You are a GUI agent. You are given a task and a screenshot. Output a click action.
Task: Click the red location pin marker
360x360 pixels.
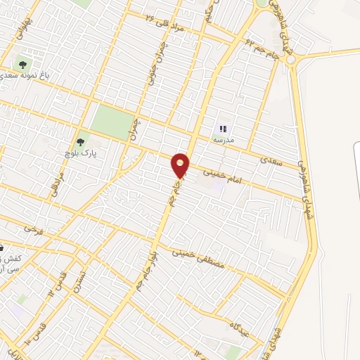tap(181, 165)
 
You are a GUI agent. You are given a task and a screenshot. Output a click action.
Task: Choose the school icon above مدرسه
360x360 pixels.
tap(224, 129)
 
